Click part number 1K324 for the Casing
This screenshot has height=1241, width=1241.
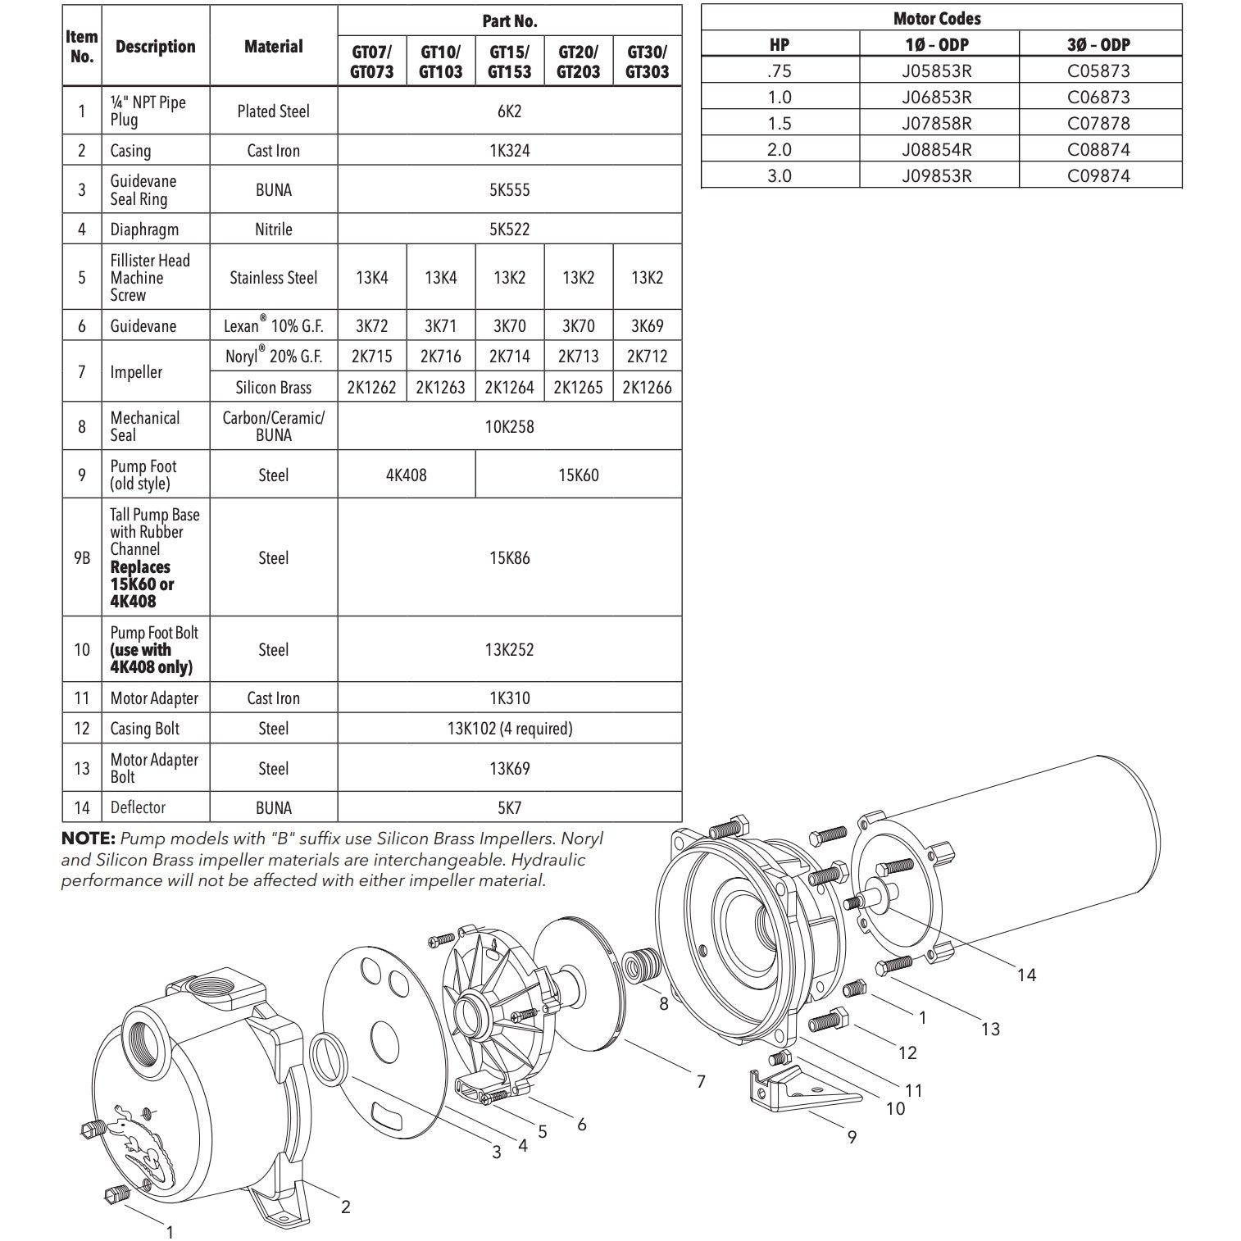(509, 151)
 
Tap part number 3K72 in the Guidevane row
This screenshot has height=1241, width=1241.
(372, 325)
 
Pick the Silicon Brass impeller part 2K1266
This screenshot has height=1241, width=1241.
(647, 387)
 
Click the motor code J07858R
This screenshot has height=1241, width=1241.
(937, 123)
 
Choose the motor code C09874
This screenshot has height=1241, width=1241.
(1098, 175)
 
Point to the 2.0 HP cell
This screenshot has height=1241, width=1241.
(779, 149)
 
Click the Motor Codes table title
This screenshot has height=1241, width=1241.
(937, 18)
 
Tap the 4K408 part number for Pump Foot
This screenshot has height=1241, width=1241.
(407, 475)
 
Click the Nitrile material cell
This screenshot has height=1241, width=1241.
(274, 230)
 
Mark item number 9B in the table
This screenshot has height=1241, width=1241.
(82, 558)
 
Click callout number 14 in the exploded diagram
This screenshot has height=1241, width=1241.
(1026, 975)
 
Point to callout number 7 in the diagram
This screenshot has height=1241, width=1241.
(701, 1082)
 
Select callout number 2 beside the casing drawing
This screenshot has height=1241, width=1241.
(346, 1207)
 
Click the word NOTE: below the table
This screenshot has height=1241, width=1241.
(89, 839)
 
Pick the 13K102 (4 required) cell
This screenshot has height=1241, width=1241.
(509, 729)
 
